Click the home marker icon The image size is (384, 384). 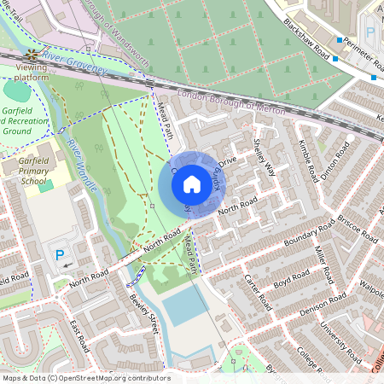click(x=192, y=183)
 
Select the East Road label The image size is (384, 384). click(x=79, y=336)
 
